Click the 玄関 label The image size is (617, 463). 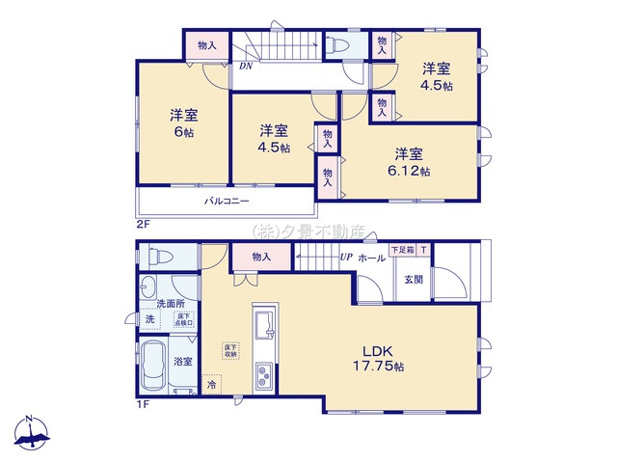(413, 279)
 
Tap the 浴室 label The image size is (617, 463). (182, 361)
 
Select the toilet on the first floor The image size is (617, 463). (159, 257)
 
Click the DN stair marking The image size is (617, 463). (246, 67)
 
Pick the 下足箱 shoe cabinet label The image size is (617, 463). (401, 250)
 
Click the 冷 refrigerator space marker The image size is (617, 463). (212, 385)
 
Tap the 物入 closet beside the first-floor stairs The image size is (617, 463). (260, 257)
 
